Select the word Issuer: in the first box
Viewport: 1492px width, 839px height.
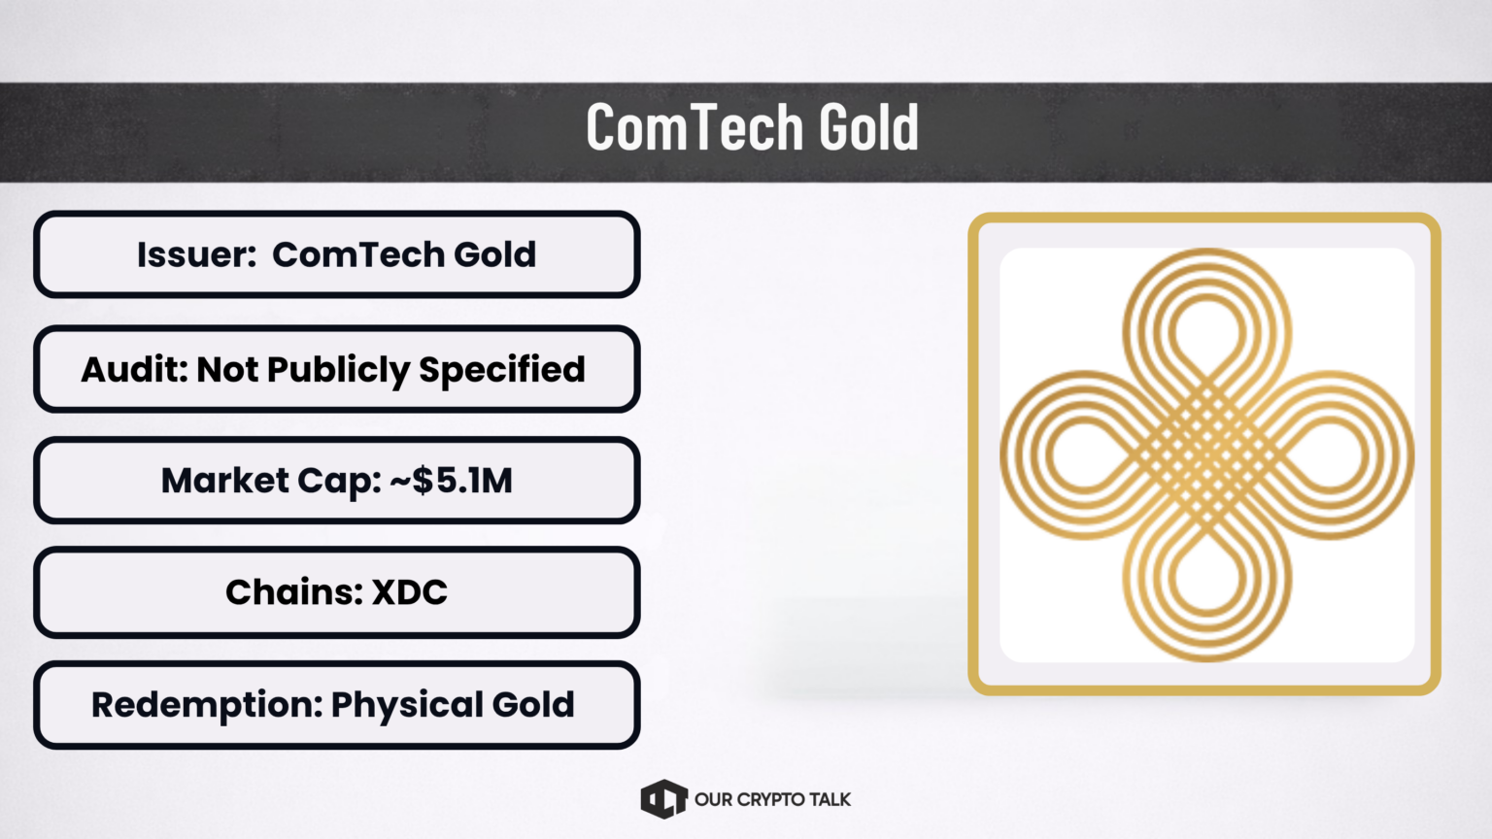point(196,254)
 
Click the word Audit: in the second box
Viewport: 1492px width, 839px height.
point(134,370)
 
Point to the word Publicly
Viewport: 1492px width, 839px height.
point(338,371)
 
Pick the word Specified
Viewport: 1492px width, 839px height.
point(502,371)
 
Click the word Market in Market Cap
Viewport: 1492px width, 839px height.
point(224,480)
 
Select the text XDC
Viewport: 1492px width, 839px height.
point(409,592)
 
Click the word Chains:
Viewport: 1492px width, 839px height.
point(294,592)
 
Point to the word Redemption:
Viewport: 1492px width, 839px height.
point(207,705)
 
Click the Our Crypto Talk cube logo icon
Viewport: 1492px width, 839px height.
point(663,799)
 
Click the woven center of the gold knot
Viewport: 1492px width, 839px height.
point(1207,455)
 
